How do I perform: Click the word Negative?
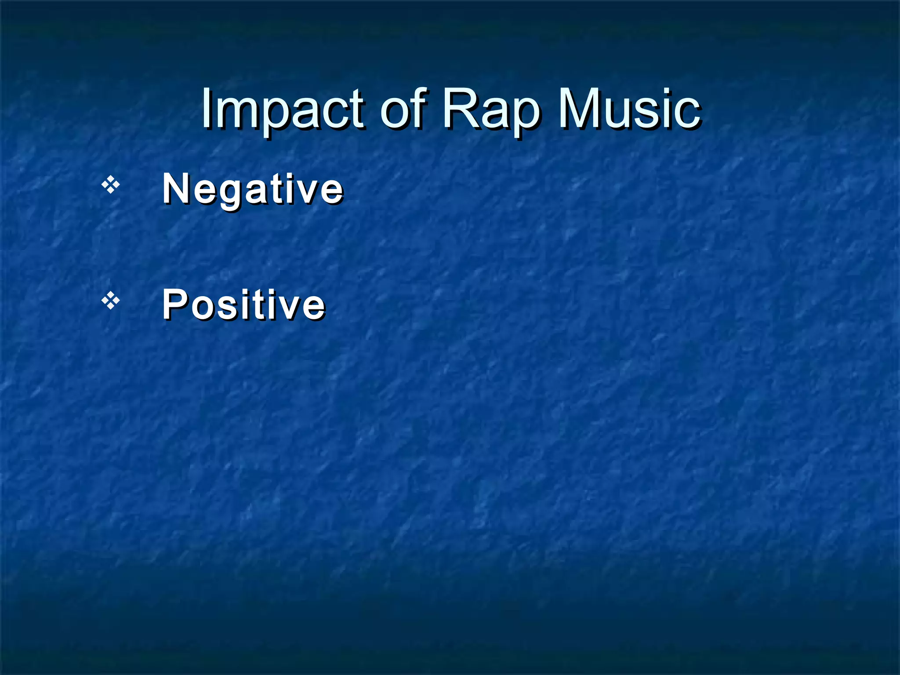tap(253, 189)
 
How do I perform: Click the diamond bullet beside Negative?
tap(111, 185)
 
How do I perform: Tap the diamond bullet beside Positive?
tap(111, 301)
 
